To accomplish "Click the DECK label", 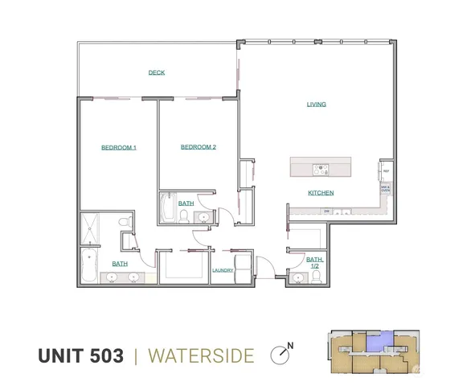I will (x=157, y=73).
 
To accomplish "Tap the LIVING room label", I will (x=316, y=105).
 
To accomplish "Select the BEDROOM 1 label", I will (x=118, y=147).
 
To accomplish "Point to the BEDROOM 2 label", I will (x=199, y=147).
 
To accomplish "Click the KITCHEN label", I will (x=321, y=193).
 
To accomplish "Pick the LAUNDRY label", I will (x=223, y=270).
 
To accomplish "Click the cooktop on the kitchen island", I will (x=320, y=169).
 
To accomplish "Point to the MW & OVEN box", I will (x=386, y=189).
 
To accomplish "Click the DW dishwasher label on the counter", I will (x=327, y=211).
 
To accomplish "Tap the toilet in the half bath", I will (x=317, y=277).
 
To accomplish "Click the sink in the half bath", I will (x=298, y=279).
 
